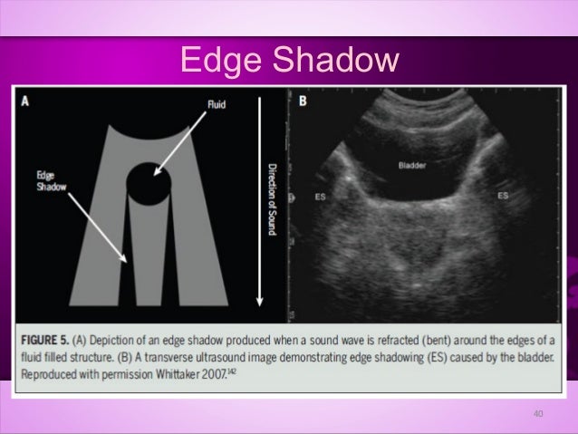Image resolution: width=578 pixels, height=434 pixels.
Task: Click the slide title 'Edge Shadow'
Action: pyautogui.click(x=289, y=61)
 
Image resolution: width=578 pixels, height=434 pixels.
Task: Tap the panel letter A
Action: pyautogui.click(x=25, y=101)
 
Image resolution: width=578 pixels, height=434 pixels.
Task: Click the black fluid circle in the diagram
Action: pyautogui.click(x=148, y=184)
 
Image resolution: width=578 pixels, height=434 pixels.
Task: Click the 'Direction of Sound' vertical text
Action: pyautogui.click(x=271, y=199)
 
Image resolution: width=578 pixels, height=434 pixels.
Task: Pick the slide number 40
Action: pyautogui.click(x=537, y=414)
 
